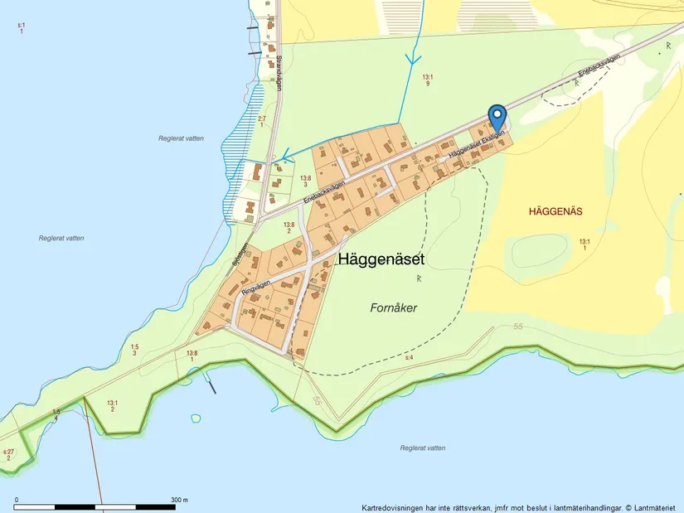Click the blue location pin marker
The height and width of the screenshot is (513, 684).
pos(497,116)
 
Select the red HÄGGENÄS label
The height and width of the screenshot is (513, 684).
pos(555,211)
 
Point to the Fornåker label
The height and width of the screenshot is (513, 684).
pos(393,307)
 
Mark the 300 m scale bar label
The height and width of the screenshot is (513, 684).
pos(179,500)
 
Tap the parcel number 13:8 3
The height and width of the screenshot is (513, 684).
pos(305,181)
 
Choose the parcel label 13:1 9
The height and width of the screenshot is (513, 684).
pos(427,80)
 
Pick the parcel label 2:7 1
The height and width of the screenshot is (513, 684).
pos(262,122)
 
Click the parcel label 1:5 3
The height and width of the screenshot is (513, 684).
pos(133,349)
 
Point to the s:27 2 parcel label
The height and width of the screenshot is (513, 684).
pos(8,454)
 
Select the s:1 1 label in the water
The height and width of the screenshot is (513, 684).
pos(21,27)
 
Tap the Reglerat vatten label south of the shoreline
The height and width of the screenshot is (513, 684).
pos(422,448)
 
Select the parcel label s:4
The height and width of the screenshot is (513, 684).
pos(409,357)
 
